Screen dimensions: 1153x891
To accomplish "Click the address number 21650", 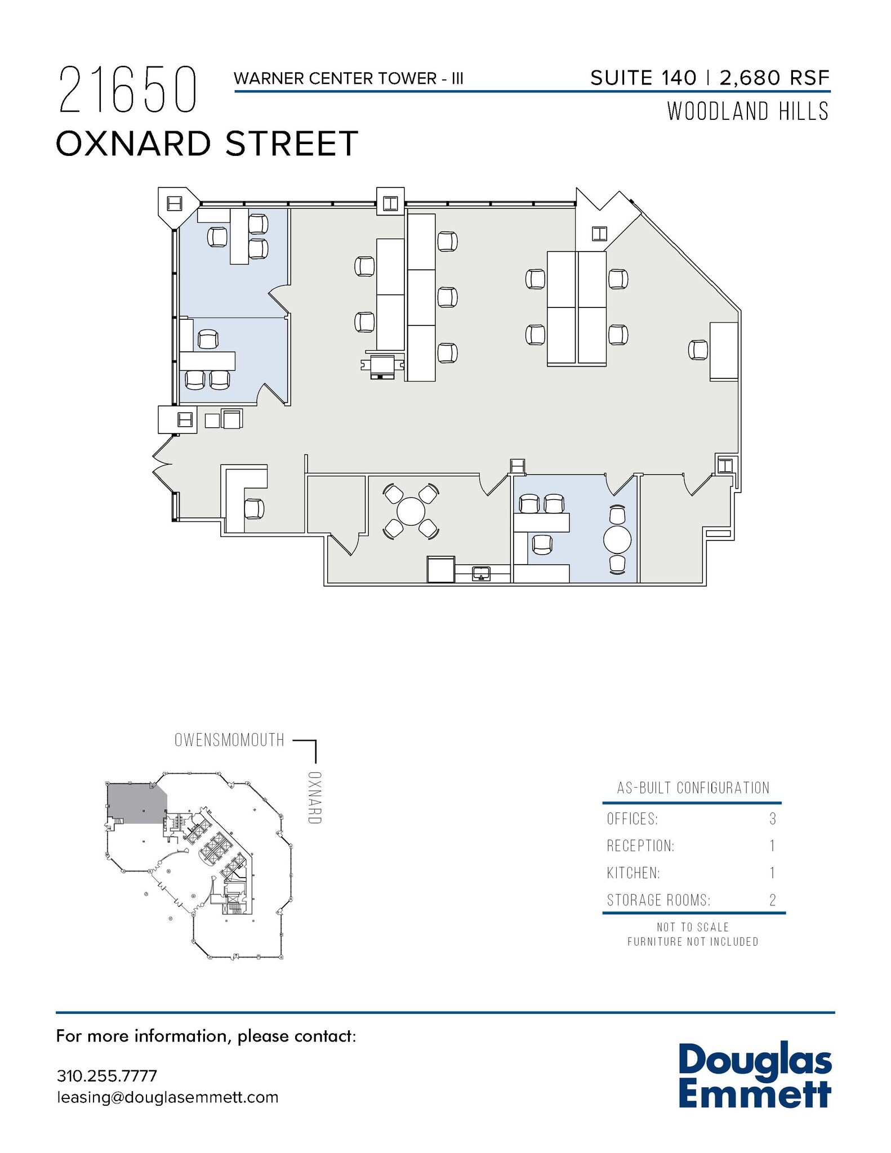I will coord(128,90).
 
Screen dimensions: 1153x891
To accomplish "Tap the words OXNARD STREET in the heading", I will coord(207,143).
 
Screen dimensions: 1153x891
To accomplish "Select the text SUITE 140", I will coord(643,78).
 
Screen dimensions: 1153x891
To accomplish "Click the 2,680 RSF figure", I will coord(774,78).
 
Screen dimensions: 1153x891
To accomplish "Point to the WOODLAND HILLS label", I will coord(748,111).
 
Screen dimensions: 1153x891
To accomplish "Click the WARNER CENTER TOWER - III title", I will coord(348,78).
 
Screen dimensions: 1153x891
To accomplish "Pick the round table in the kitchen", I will coord(411,512).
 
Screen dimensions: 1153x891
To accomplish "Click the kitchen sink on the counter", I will coord(480,574).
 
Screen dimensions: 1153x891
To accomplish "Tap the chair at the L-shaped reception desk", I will coord(254,509).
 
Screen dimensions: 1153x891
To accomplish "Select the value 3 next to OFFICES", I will coord(773,819).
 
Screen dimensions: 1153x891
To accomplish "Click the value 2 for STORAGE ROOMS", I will coord(773,900).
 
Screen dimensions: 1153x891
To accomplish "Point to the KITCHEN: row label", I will coord(633,873).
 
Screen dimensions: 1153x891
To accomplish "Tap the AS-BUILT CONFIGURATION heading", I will coord(693,788).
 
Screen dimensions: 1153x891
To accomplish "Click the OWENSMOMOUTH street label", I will coord(229,740).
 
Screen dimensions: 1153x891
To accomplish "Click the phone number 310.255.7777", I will coord(106,1075).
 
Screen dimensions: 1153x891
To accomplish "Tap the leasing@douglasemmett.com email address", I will coord(167,1097).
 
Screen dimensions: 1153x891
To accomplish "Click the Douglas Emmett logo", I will coord(755,1076).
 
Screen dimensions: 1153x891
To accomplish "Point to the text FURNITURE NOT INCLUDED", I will coord(693,941).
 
